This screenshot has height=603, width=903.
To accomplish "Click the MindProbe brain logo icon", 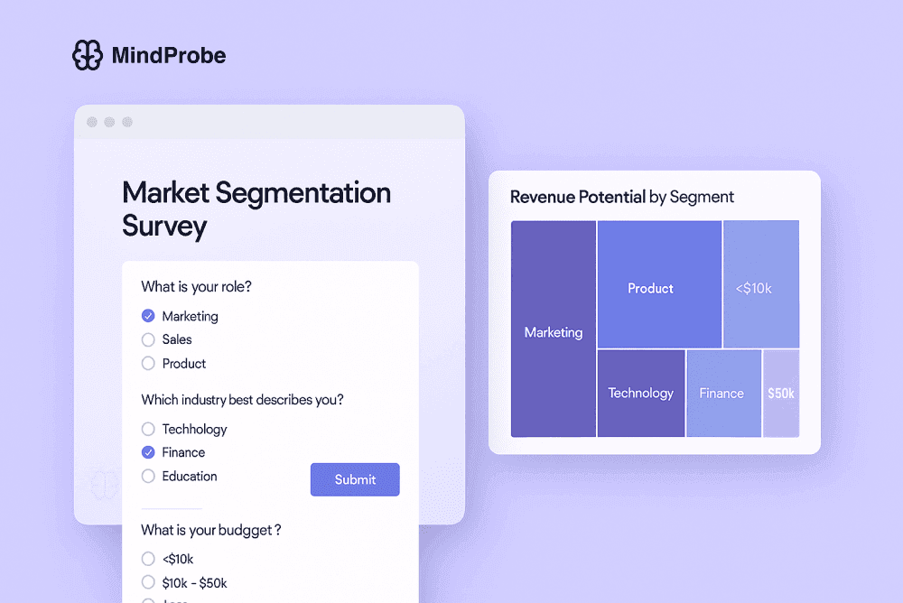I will [x=88, y=56].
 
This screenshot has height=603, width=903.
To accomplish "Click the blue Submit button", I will [x=355, y=479].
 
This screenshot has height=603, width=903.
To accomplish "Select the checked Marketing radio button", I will [x=149, y=316].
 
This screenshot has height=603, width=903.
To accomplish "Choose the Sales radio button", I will [x=149, y=339].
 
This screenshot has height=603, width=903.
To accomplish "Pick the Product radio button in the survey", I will [x=149, y=364].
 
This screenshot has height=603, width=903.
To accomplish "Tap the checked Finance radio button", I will [x=149, y=452].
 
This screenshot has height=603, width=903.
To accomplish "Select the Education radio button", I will [x=149, y=476].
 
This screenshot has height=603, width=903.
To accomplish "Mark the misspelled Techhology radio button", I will [x=149, y=429].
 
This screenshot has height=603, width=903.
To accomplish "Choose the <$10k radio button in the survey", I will [x=149, y=559].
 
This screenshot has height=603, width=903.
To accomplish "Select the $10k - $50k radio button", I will [x=149, y=582].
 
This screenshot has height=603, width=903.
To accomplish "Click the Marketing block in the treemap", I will [x=554, y=332].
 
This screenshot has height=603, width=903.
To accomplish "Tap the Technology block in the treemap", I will [x=640, y=394].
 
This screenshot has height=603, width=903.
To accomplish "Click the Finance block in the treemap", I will [x=722, y=394].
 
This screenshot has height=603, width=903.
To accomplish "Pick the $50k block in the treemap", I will [x=781, y=394].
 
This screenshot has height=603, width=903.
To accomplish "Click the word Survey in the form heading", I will [x=164, y=226].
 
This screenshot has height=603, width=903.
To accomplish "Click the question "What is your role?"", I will [x=196, y=287].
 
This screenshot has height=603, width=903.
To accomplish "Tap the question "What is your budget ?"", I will [x=211, y=530].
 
